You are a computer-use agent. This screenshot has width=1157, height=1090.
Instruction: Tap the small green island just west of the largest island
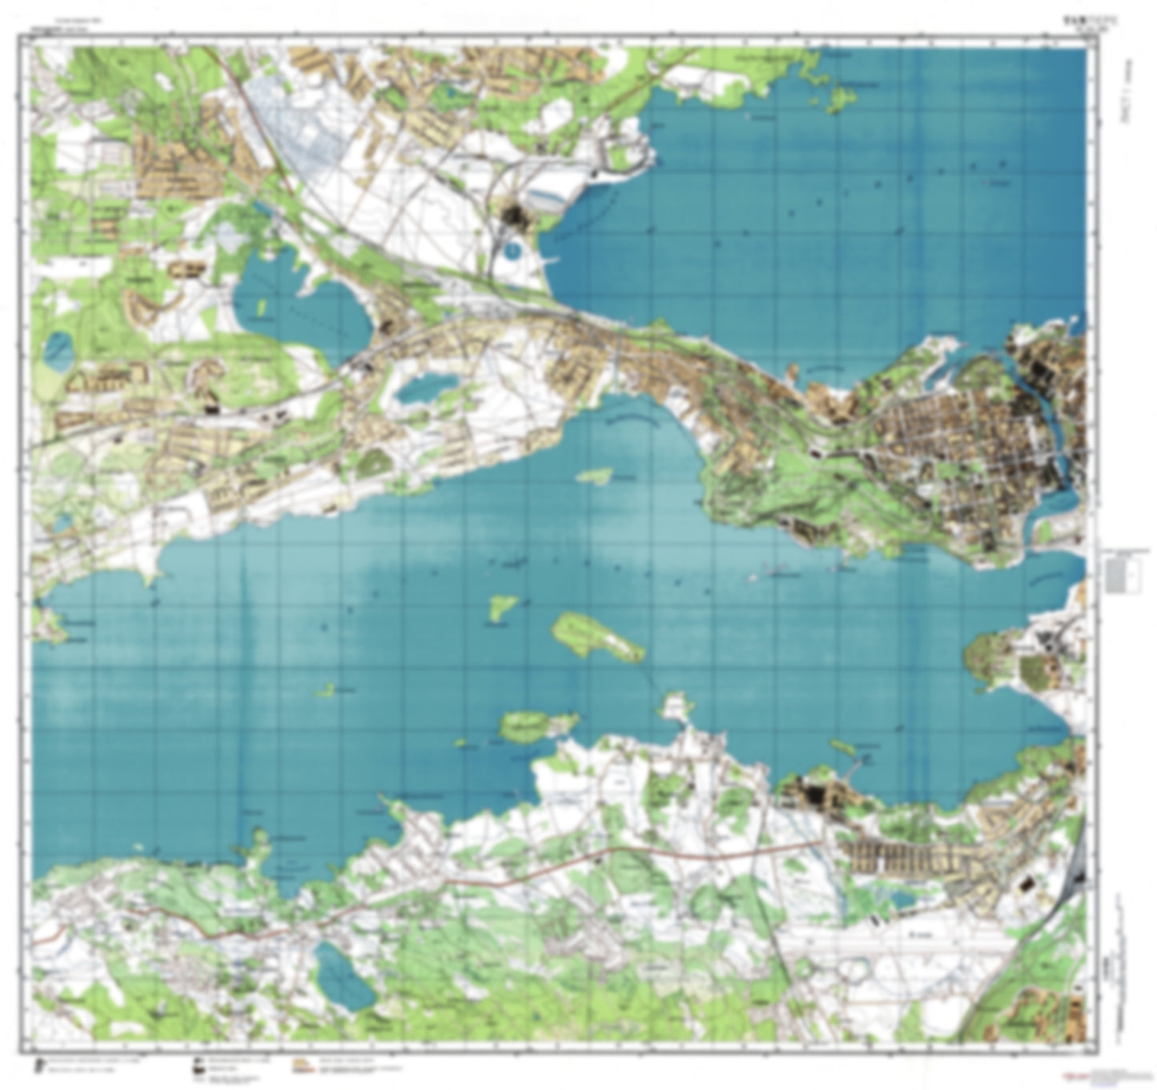point(502,606)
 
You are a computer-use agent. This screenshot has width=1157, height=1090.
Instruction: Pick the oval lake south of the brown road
point(343,975)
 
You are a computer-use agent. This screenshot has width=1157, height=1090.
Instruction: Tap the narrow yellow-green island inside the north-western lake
point(261,307)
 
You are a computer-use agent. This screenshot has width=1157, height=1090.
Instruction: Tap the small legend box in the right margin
point(1122,573)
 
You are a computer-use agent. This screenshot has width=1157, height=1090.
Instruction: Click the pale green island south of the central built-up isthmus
point(594,476)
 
